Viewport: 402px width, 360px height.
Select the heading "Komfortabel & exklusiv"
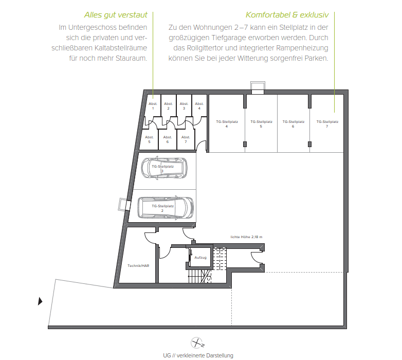pos(287,15)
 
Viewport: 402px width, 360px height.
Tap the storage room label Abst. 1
pos(153,106)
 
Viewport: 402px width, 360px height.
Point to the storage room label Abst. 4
pos(199,106)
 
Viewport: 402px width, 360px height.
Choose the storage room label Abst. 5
pos(149,139)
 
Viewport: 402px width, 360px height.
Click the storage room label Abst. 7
pos(186,139)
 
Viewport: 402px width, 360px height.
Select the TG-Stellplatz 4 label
pos(227,124)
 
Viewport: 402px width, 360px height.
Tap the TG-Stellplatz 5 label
pos(261,124)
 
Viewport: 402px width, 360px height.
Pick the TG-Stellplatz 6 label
pos(293,124)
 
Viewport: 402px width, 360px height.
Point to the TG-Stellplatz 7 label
pos(327,124)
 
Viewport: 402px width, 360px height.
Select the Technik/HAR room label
pos(138,265)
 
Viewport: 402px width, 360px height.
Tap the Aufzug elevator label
pos(200,257)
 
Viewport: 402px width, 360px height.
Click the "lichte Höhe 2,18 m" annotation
pos(246,237)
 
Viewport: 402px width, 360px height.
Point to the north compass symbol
pos(198,343)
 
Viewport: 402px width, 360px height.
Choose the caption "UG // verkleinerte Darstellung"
pos(198,355)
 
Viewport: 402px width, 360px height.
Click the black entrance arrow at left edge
pos(41,301)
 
